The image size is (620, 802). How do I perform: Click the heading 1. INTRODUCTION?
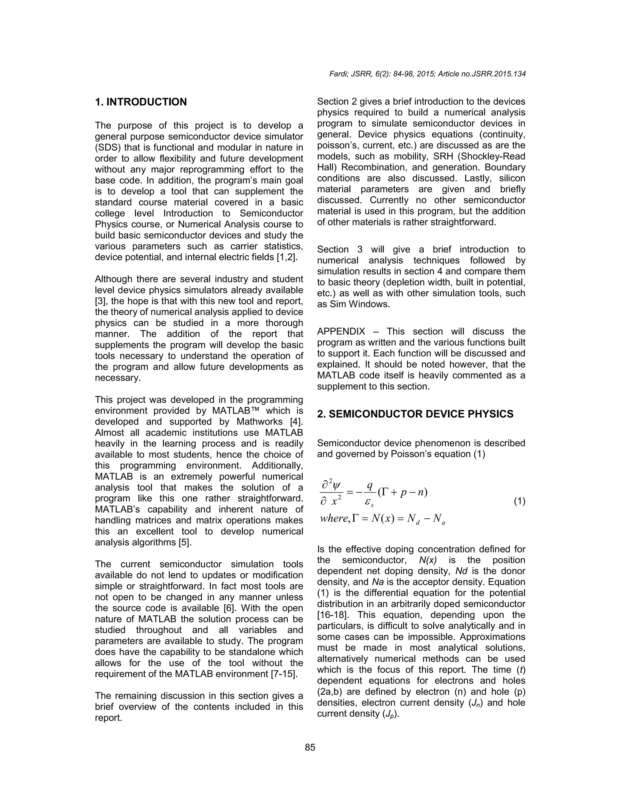141,102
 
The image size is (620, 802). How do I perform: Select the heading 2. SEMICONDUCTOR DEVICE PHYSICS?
415,414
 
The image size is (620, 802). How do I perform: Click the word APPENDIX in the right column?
341,332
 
